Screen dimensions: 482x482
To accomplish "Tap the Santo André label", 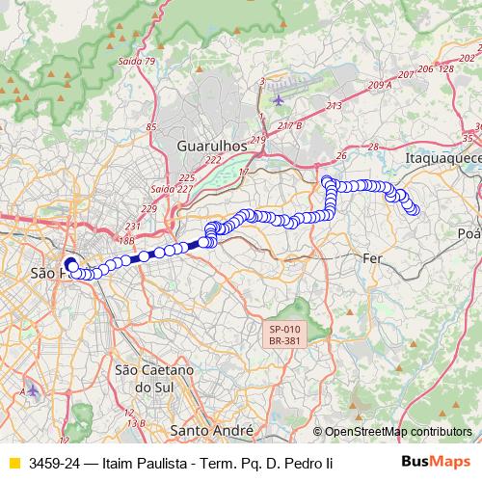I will click(210, 429).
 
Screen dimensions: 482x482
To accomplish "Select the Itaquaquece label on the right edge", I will click(442, 155).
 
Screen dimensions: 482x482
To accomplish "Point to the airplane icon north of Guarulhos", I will click(280, 99).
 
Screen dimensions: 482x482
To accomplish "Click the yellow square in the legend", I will click(13, 464).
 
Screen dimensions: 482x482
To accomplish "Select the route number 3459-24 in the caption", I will click(54, 464).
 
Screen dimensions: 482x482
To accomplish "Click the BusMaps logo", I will click(435, 463).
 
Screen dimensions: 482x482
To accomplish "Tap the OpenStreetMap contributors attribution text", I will click(392, 432).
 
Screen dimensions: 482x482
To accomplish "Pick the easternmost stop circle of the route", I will click(415, 208).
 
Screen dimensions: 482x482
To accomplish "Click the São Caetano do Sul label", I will click(154, 378).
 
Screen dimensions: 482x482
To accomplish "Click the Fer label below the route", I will click(373, 258).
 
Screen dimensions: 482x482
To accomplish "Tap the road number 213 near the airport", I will click(335, 105).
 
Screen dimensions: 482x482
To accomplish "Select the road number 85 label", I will click(150, 126).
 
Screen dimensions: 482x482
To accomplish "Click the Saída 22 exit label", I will click(162, 189).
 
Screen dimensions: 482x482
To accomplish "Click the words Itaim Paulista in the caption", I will click(151, 464).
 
